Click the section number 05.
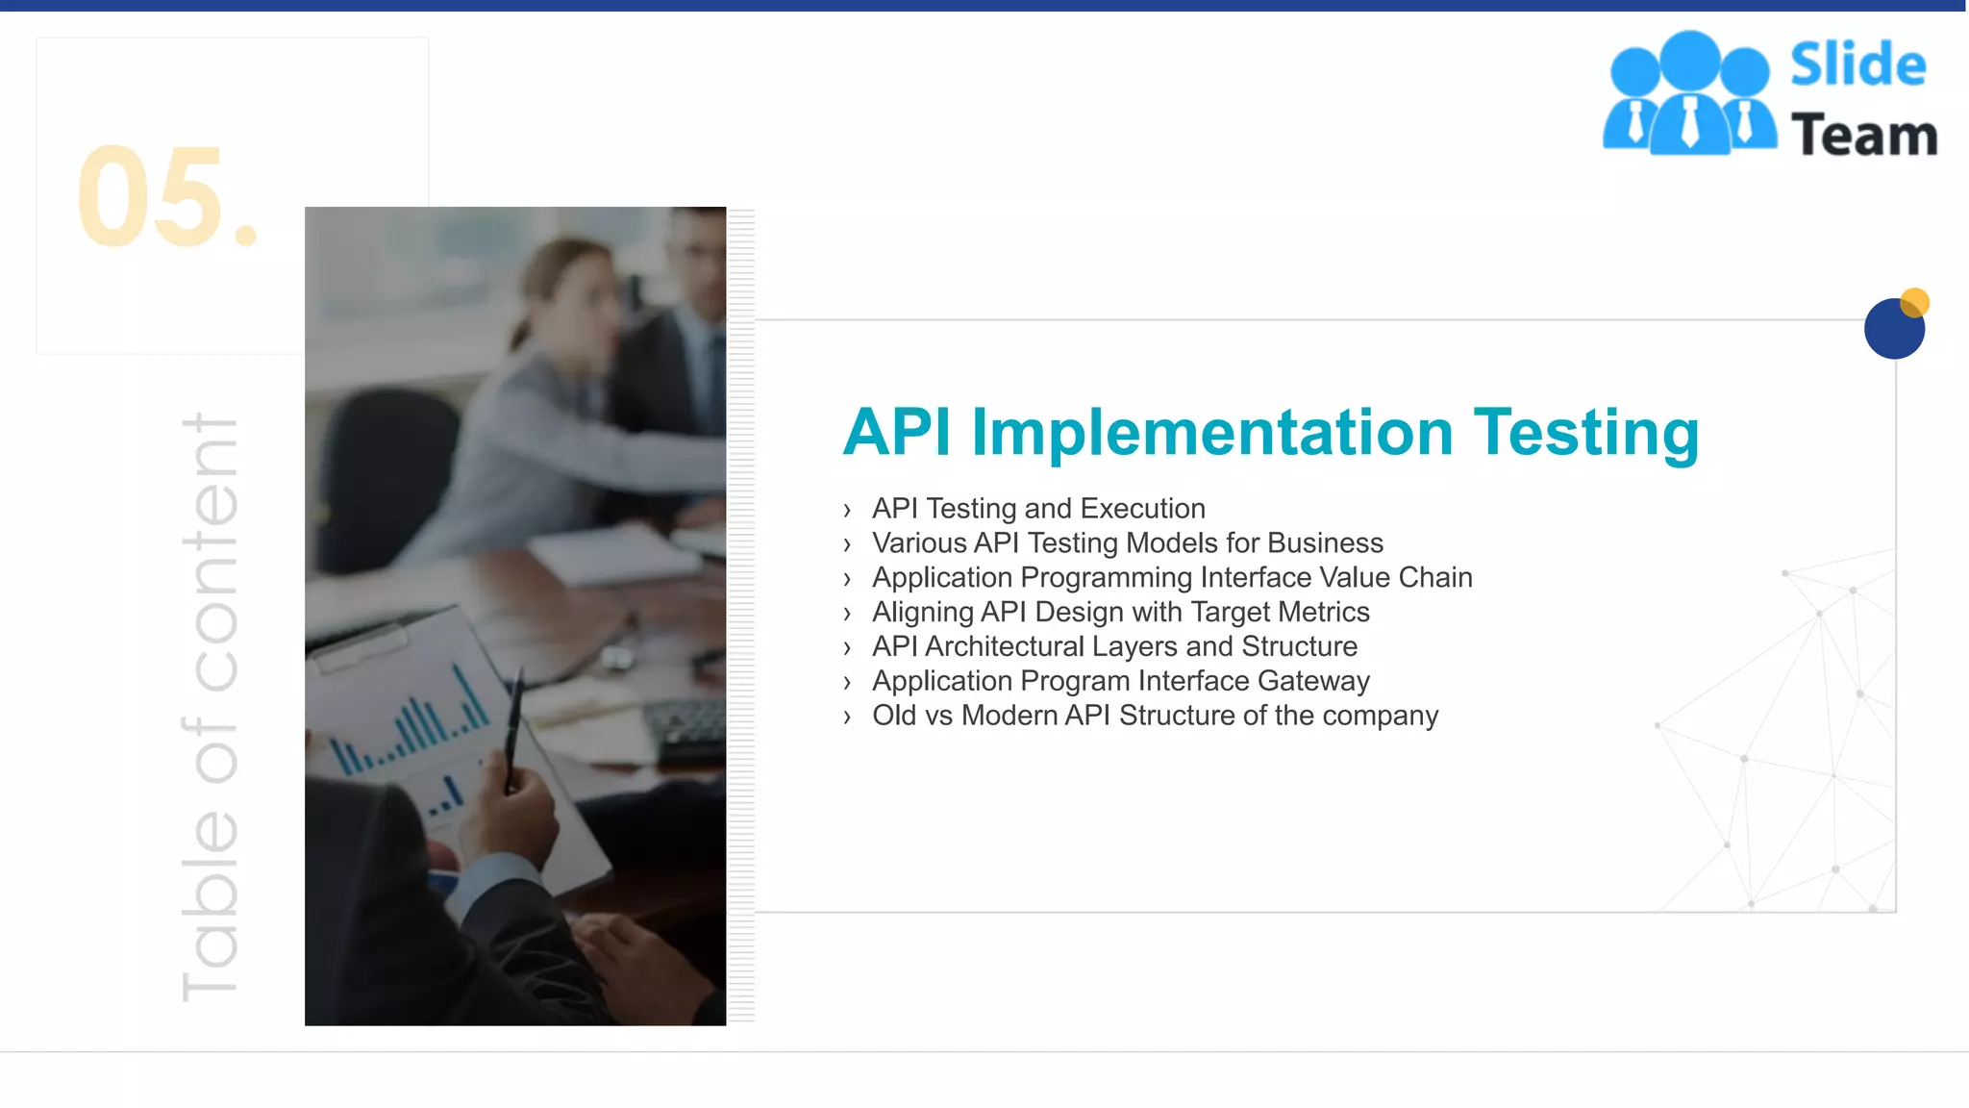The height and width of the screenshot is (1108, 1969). click(165, 197)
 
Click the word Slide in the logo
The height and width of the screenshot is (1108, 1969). click(1857, 65)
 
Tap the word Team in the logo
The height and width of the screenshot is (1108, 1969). click(1863, 135)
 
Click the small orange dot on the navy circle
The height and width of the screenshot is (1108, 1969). click(1914, 302)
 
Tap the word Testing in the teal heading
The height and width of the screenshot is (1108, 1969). click(1586, 432)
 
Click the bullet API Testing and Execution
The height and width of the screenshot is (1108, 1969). click(1038, 508)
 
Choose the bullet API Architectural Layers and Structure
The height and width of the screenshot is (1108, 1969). click(1114, 646)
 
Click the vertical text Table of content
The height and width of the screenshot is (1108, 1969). click(210, 707)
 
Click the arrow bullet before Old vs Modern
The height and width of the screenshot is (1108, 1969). click(847, 717)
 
